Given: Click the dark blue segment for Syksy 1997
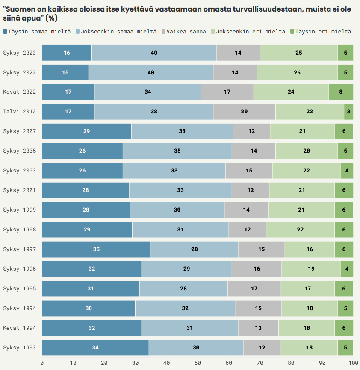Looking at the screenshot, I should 96,249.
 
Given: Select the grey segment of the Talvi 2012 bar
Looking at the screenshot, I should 244,112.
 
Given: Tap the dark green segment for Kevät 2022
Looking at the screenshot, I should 341,92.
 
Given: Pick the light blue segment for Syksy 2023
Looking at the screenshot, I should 154,53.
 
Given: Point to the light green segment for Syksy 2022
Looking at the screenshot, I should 297,72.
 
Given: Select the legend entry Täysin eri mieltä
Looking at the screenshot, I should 323,32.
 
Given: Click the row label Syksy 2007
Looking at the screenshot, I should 20,131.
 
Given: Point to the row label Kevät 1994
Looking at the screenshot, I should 20,328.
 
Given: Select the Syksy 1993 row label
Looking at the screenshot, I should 20,348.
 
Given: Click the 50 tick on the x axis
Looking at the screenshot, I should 198,363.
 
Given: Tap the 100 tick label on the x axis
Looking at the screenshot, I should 353,363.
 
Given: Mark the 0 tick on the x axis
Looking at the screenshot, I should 42,363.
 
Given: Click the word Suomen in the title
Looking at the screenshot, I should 19,9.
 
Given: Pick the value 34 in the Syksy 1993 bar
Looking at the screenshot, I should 95,348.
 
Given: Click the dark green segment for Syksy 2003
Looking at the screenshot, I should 347,171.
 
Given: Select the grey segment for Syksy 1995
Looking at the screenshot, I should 254,289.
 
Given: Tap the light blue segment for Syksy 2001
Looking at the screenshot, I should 180,190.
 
